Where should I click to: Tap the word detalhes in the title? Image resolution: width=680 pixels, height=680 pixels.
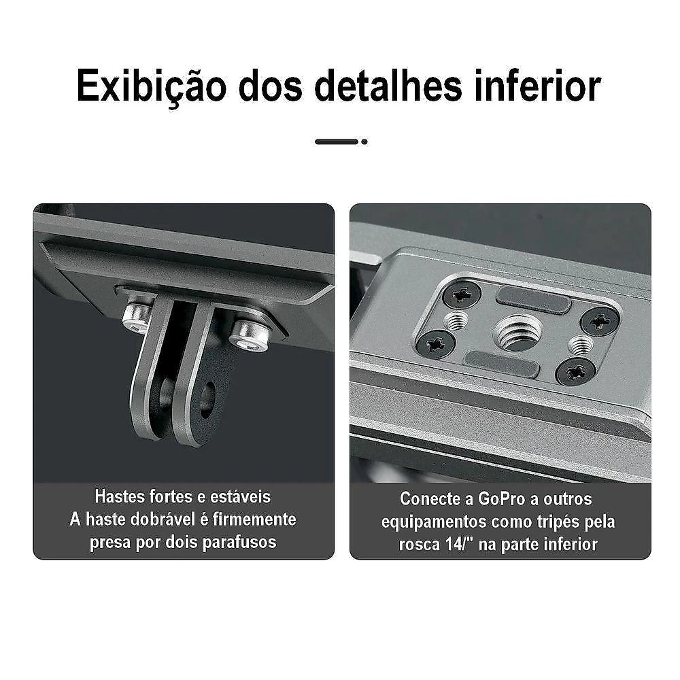pos(388,86)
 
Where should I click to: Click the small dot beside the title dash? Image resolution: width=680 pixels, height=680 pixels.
pos(364,142)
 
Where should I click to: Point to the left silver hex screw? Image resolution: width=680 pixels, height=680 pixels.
pos(137,318)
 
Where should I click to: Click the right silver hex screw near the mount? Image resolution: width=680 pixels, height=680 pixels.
pos(250,335)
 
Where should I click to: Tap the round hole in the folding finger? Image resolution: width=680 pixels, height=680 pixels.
pos(207,399)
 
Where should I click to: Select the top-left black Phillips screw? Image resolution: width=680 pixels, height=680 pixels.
pos(462,295)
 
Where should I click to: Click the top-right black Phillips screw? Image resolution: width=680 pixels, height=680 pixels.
pos(600,322)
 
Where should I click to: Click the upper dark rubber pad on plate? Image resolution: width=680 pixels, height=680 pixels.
pos(533,300)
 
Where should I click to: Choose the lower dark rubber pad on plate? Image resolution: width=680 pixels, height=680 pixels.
pos(502,363)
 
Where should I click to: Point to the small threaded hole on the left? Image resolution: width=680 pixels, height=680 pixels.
pos(458,321)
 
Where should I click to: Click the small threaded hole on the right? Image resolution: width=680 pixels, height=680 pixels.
pos(581,345)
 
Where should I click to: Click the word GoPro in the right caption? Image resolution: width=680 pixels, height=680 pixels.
pos(502,499)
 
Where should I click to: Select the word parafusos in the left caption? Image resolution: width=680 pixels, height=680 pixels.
pos(239,543)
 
